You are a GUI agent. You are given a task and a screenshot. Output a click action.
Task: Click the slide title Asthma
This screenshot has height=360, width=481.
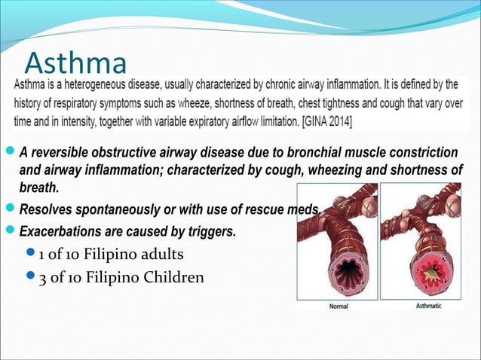[75, 59]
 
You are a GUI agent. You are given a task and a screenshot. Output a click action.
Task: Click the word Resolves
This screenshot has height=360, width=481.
[45, 208]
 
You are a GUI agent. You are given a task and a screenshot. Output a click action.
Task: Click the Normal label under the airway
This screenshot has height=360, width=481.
[340, 307]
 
